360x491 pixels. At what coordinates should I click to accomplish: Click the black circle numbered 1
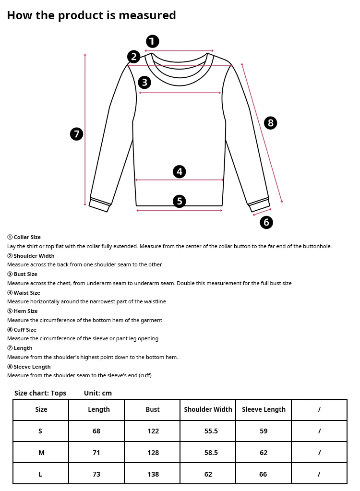tap(152, 41)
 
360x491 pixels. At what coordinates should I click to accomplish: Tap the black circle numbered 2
tap(134, 57)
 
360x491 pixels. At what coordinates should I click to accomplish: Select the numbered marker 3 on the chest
tap(144, 83)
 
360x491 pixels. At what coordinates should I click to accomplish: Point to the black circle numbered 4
tap(180, 171)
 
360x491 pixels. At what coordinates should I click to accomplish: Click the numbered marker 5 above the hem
tap(180, 201)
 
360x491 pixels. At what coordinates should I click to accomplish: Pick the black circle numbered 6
tap(266, 222)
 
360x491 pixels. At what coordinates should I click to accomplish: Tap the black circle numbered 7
tap(77, 134)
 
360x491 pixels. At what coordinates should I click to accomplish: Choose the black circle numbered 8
tap(271, 123)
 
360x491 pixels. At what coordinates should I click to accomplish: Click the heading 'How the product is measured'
tap(91, 15)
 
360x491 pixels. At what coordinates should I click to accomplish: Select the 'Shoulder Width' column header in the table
tap(208, 409)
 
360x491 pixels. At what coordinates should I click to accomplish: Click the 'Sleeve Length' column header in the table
tap(264, 409)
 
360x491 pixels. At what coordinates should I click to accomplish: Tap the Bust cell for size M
tap(153, 453)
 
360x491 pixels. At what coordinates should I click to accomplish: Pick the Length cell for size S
tap(96, 431)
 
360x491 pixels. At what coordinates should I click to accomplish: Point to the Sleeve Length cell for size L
tap(264, 474)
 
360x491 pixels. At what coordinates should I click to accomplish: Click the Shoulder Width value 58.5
tap(211, 453)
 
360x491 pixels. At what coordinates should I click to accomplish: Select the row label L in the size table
tap(40, 474)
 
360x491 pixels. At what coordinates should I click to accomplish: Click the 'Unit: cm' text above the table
tap(98, 393)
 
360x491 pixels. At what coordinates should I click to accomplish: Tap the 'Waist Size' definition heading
tap(27, 293)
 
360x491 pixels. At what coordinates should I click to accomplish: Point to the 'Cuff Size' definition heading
tap(25, 330)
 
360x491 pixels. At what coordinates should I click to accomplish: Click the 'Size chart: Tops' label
tap(40, 393)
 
